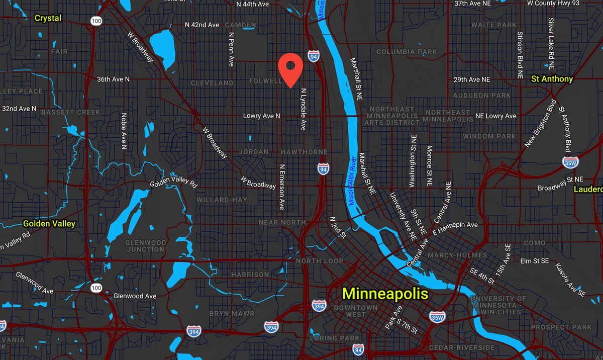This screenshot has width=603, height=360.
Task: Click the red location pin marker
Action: point(290,68)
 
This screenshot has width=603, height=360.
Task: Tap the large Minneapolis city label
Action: point(385,294)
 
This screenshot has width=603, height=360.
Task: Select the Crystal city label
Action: point(48,18)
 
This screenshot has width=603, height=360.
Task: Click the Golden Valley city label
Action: point(49,223)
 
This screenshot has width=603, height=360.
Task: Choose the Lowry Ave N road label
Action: point(261,116)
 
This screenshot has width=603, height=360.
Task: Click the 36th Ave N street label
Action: point(113,79)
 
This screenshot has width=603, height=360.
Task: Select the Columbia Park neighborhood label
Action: point(407,52)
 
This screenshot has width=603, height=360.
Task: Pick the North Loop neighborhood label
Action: point(319,261)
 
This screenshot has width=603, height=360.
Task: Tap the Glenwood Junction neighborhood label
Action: point(146,246)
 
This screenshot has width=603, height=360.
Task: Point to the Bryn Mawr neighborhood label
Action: point(232,313)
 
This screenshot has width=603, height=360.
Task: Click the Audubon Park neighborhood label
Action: point(475,95)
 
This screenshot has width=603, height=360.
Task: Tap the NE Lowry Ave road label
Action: point(496,116)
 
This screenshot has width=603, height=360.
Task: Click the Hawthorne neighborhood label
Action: point(304,152)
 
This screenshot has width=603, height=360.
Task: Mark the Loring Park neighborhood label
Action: point(335,338)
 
